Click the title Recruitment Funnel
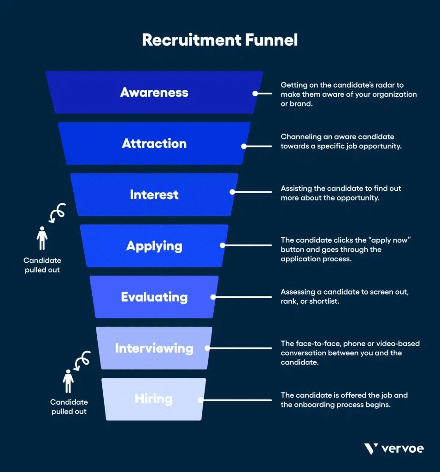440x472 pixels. [220, 40]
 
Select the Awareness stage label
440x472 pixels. [154, 93]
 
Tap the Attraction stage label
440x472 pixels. [154, 144]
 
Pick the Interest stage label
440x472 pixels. [154, 195]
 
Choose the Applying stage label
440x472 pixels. [154, 246]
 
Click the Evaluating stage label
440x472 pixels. [154, 297]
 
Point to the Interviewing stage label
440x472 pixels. [154, 348]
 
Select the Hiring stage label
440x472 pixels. [153, 399]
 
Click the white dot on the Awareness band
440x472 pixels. [255, 93]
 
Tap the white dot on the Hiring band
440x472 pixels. [200, 399]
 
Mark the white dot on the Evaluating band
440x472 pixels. [213, 297]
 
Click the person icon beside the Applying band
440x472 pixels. [42, 238]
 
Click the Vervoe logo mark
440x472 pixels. [371, 448]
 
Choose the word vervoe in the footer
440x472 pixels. [402, 448]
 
